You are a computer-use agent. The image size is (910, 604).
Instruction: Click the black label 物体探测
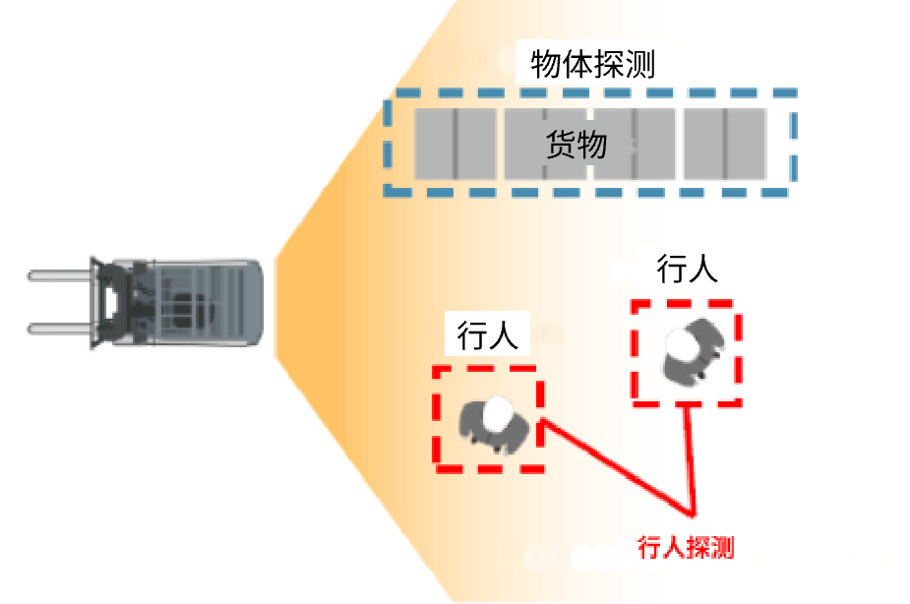tap(592, 63)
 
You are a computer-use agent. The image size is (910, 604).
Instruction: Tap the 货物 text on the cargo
tap(576, 144)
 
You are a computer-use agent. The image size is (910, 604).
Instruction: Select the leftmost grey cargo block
tap(455, 144)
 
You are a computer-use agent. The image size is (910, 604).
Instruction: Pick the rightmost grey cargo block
tap(725, 144)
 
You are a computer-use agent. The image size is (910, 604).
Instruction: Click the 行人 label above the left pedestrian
tap(487, 335)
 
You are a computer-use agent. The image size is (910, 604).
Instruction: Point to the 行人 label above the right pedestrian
tap(687, 269)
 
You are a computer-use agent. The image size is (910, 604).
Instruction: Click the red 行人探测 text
tap(686, 547)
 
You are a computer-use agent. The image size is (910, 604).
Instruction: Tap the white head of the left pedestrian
tap(497, 414)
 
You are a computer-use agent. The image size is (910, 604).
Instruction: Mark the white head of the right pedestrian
tap(681, 343)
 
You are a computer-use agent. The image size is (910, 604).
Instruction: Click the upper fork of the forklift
tap(60, 275)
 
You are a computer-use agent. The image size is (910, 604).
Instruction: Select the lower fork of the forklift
tap(60, 329)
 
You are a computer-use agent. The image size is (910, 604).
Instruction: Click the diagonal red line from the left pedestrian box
tap(617, 466)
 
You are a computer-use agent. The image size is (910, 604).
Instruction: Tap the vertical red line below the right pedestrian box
tap(690, 458)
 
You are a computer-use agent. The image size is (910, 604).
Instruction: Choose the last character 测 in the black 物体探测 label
tap(640, 63)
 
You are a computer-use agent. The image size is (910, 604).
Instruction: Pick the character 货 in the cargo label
tap(561, 144)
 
